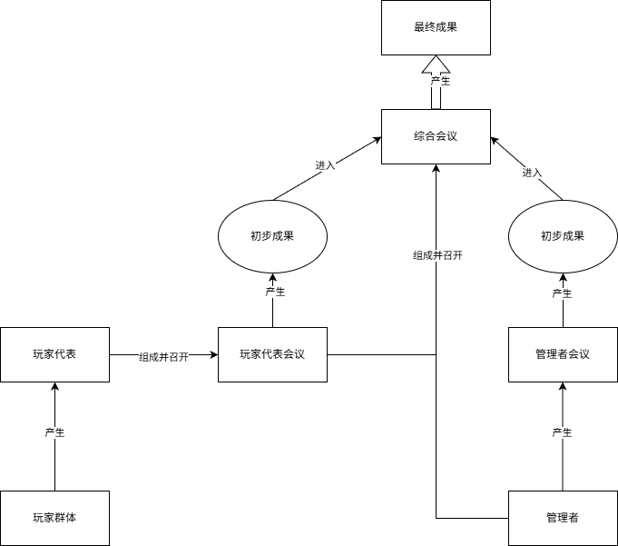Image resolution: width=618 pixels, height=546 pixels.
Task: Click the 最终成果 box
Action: [x=436, y=27]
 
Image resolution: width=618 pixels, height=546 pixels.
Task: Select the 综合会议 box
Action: [x=436, y=136]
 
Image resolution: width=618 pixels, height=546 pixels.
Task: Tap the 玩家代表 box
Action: [x=54, y=354]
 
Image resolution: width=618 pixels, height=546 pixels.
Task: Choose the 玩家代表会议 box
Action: [x=272, y=354]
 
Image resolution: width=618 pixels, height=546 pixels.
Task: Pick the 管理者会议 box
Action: [x=563, y=354]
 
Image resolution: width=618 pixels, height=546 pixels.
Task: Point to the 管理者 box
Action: [x=563, y=518]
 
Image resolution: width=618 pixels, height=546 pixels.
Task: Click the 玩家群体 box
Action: [x=54, y=518]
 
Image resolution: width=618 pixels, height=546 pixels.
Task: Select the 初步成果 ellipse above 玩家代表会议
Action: [x=272, y=236]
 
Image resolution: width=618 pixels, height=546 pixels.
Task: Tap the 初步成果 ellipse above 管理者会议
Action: [x=563, y=236]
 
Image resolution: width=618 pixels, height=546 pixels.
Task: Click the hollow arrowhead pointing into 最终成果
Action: [x=436, y=65]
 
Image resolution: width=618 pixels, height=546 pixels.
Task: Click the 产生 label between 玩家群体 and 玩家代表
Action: [x=54, y=432]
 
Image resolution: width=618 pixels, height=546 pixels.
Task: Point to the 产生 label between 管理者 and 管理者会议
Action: [x=563, y=432]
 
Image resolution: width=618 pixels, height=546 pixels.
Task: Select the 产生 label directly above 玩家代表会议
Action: [x=275, y=293]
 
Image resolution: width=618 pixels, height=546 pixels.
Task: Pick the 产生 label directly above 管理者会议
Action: [x=563, y=293]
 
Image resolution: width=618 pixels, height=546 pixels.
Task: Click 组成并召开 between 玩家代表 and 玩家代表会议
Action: [x=163, y=357]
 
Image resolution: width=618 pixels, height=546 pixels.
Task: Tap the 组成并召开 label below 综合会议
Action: [x=437, y=256]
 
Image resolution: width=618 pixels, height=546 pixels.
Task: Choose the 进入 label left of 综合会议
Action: [x=325, y=165]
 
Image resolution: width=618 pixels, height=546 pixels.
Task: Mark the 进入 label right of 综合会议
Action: [x=533, y=173]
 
